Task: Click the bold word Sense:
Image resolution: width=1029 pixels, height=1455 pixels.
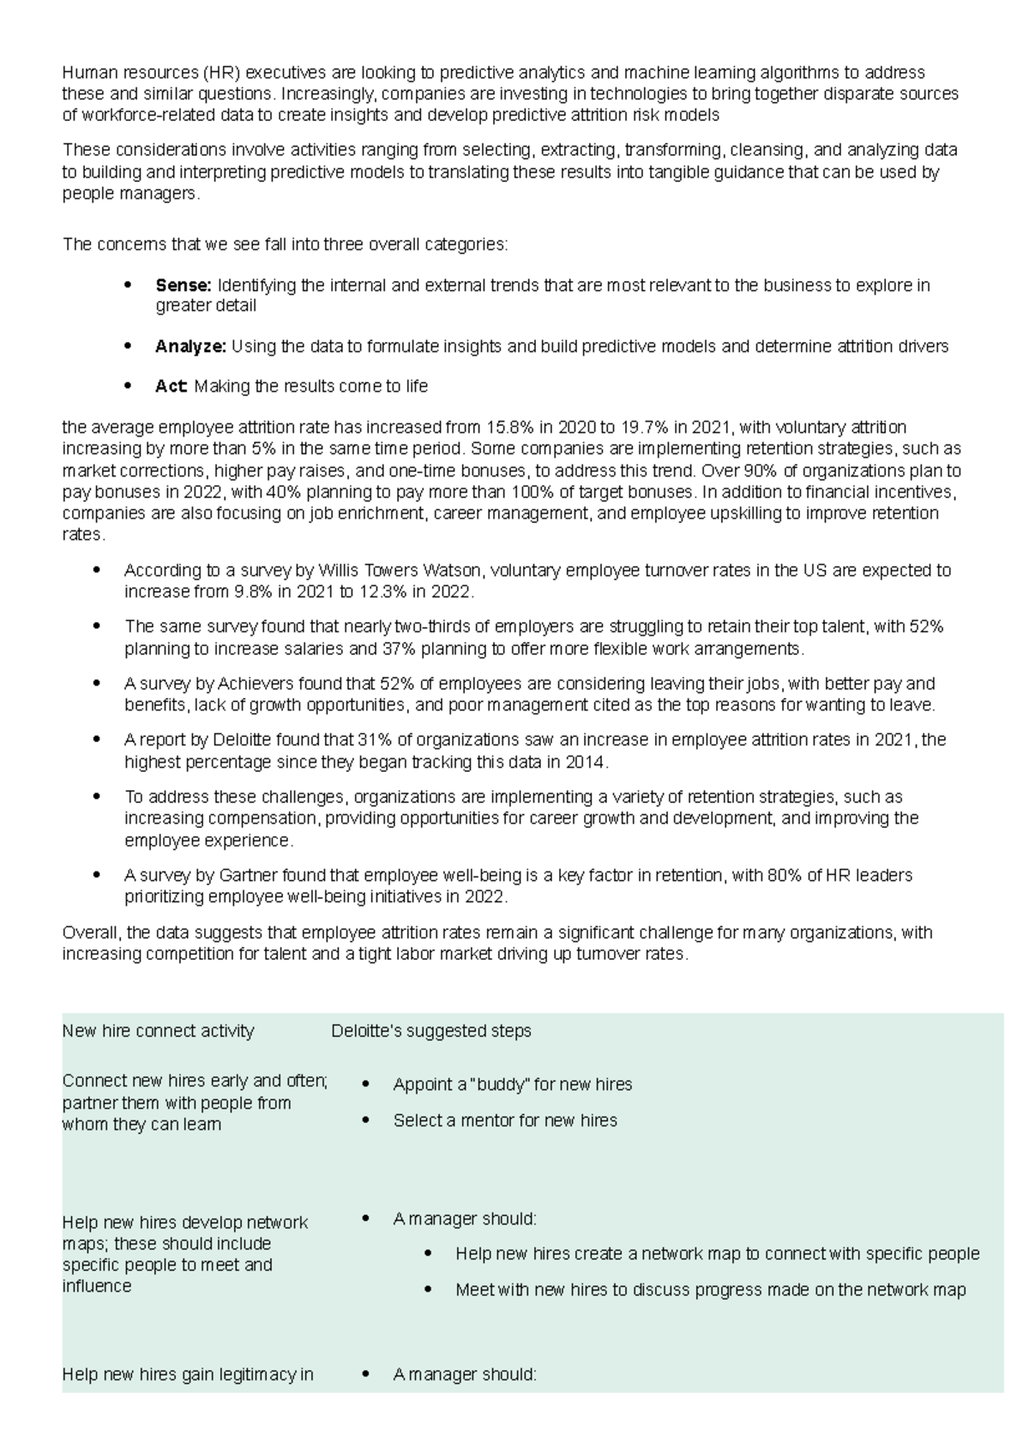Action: coord(183,285)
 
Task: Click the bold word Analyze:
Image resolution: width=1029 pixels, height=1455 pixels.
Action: coord(190,347)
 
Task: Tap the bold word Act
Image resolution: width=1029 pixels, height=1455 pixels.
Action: coord(170,386)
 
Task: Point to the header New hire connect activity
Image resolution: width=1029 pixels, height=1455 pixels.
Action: coord(158,1031)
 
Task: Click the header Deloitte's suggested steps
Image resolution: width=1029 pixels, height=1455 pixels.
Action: coord(431,1031)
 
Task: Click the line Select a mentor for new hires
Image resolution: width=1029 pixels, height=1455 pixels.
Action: coord(505,1121)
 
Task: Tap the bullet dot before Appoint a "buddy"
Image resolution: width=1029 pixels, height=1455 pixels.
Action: coord(366,1084)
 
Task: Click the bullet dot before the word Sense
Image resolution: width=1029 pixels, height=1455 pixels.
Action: coord(128,284)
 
